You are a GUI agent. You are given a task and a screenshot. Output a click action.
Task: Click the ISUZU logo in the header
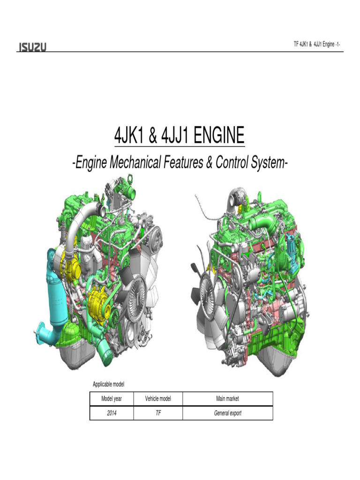coord(32,47)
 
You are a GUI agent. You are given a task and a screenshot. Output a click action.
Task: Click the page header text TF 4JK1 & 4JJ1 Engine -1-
coord(316,45)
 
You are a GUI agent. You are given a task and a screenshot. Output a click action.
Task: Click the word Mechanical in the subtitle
coord(135,162)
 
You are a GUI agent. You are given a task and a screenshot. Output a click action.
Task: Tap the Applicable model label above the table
coord(108,384)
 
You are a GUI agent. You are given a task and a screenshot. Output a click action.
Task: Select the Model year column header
coord(112,398)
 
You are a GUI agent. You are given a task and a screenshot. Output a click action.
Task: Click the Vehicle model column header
coord(158,398)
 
